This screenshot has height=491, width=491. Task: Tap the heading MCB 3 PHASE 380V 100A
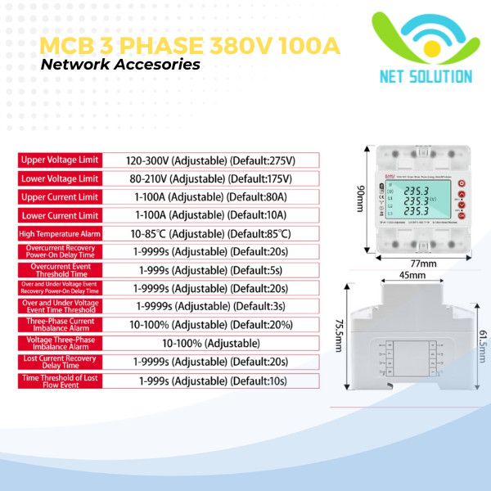(190, 45)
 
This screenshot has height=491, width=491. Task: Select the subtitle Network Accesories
(120, 65)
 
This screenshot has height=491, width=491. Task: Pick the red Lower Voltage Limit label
(61, 178)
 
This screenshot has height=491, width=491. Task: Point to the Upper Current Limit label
(61, 197)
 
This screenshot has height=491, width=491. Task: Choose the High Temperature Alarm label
(61, 234)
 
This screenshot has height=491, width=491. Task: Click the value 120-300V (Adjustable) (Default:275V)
(210, 160)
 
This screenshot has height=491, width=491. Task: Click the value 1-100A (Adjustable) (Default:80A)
(210, 197)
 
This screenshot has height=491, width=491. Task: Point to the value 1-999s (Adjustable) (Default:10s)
(211, 381)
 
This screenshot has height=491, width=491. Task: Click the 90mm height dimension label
(359, 198)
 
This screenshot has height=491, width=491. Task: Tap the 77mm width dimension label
(420, 264)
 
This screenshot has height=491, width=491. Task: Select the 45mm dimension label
(412, 276)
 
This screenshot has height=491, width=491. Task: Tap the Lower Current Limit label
(61, 215)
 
